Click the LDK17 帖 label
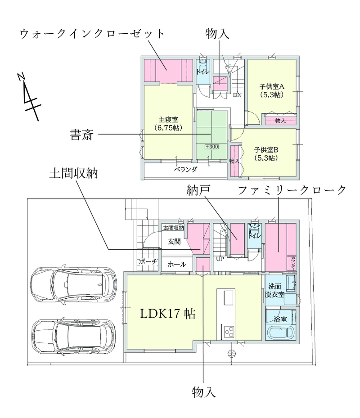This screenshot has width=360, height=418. coord(168,314)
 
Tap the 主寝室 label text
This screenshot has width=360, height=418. coord(168,120)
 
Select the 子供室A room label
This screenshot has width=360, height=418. coord(272,87)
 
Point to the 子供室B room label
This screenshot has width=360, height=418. coord(266,150)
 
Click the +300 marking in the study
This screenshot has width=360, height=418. coord(212,147)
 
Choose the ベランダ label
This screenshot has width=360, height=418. coord(185,169)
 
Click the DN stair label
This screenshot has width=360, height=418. coord(237,95)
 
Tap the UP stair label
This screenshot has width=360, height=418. coord(220,259)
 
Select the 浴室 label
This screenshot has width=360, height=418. coord(280,319)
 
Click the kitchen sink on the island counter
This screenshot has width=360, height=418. coord(229,298)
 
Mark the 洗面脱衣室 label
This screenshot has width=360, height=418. coord(274,291)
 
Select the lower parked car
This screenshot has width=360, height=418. coord(74,336)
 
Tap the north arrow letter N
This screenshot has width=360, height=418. coord(21,76)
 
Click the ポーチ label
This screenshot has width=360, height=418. coord(148,261)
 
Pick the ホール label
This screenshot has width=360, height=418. coord(177,264)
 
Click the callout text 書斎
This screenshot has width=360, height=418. coord(81,135)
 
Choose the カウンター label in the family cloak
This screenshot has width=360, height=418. coord(293,263)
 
